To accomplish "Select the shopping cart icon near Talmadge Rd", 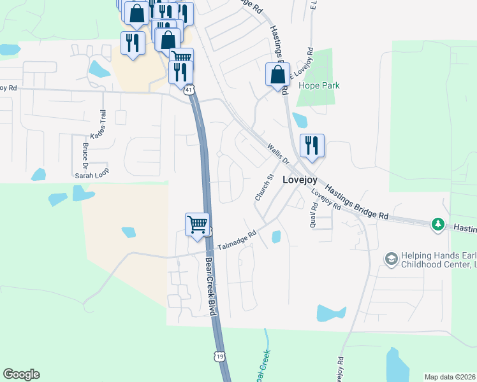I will click(198, 225).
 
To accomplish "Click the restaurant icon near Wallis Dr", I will click(312, 146).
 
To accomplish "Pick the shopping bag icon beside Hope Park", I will click(278, 74).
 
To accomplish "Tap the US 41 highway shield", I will click(189, 90).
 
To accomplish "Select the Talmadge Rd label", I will click(237, 240).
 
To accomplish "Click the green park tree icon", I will click(437, 223).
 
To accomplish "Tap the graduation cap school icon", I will click(390, 258).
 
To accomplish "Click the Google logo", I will click(22, 374).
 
